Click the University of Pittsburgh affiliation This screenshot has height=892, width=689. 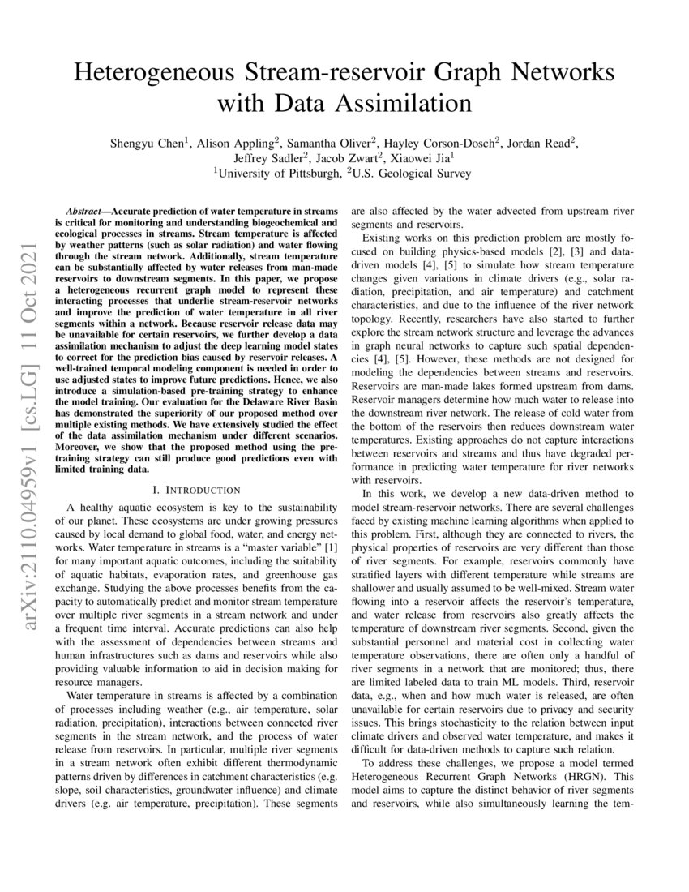click(276, 173)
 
